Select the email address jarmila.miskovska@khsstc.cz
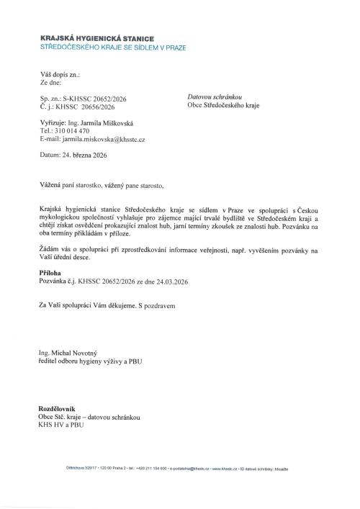pos(107,140)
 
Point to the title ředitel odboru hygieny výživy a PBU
pos(91,361)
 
